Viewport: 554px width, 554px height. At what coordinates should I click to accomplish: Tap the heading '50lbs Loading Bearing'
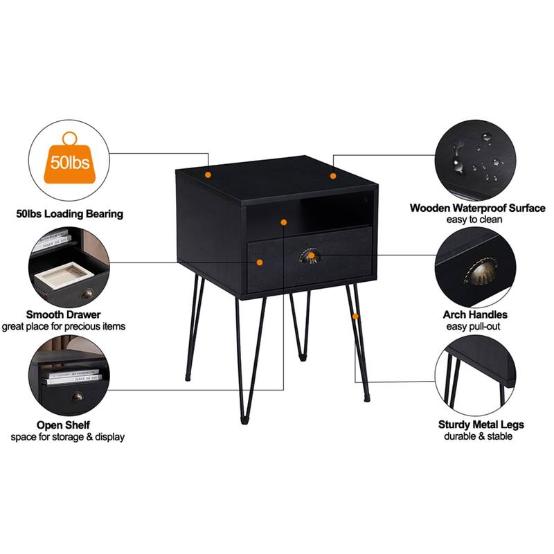(x=69, y=214)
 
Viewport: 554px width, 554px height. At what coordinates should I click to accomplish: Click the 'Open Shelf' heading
(x=64, y=425)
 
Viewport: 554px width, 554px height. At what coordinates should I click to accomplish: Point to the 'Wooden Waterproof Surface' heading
(x=478, y=208)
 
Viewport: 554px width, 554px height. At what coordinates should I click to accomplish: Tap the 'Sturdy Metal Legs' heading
(x=481, y=425)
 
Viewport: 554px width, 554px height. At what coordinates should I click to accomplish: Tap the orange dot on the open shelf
(x=283, y=222)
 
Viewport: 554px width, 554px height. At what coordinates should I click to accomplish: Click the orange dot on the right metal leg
(x=356, y=316)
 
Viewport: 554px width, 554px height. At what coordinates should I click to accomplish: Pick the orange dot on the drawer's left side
(x=260, y=262)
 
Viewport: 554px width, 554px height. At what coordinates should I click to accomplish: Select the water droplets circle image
(x=476, y=161)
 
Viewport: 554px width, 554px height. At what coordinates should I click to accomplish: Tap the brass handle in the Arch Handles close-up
(x=477, y=274)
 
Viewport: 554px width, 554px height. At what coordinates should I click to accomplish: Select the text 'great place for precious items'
(x=64, y=325)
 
